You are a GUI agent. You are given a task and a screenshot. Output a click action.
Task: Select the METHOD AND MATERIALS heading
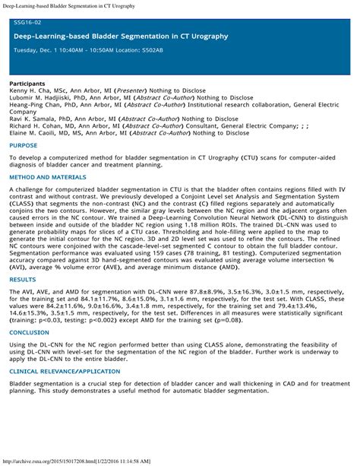(x=47, y=177)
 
